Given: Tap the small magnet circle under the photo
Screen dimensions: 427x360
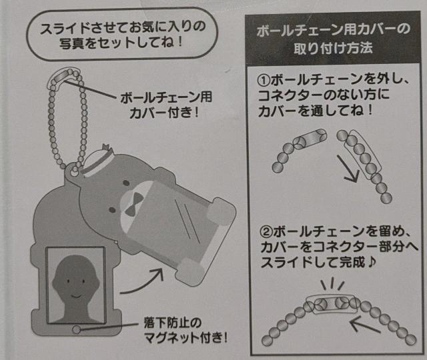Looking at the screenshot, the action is [77, 329].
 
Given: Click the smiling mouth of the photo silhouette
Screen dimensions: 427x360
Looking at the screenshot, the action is [75, 295].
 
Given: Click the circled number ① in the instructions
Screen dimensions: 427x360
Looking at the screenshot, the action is [264, 80].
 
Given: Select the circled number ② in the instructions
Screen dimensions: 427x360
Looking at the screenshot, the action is [267, 232].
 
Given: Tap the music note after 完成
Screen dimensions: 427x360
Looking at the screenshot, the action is [371, 261].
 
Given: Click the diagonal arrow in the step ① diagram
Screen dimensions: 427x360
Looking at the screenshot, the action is [348, 169].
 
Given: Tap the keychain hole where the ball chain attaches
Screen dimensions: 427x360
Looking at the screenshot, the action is [74, 170].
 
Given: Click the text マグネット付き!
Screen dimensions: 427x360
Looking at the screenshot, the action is [185, 337].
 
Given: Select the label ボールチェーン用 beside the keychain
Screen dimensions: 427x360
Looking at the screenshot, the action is [166, 97].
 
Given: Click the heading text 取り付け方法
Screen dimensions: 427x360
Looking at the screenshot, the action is [333, 48].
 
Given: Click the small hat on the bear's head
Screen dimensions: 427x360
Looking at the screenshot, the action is [97, 159].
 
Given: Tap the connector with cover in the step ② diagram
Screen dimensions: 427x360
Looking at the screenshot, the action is [332, 304].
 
